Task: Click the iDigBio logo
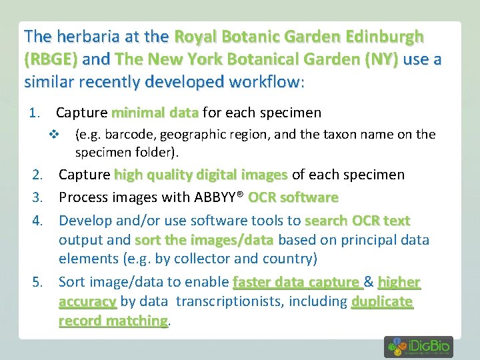[x=418, y=347]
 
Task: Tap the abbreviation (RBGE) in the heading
[x=51, y=59]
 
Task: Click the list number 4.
[x=39, y=221]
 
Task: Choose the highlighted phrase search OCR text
[x=357, y=221]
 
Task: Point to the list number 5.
[x=39, y=283]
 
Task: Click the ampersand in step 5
[x=367, y=283]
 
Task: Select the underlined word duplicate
[x=382, y=302]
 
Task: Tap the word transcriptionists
[x=228, y=302]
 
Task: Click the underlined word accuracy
[x=87, y=302]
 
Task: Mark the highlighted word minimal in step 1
[x=136, y=113]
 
